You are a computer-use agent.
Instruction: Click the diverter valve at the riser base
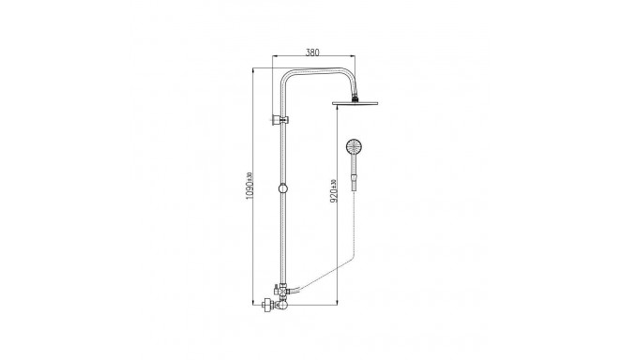pyautogui.click(x=281, y=293)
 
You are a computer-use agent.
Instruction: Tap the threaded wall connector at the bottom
pyautogui.click(x=269, y=303)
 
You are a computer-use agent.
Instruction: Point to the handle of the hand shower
pyautogui.click(x=354, y=174)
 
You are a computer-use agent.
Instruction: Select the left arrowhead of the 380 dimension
pyautogui.click(x=276, y=60)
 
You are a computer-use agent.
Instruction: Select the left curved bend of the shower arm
pyautogui.click(x=285, y=78)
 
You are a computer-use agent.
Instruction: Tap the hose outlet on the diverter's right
pyautogui.click(x=293, y=290)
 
